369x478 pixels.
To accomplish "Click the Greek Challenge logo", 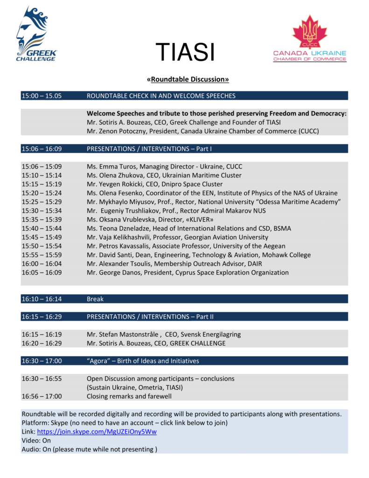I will click(36, 35).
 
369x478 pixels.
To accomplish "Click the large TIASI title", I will click(185, 51).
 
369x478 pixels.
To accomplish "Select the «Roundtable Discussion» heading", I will click(188, 79).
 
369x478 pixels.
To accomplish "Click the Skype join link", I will click(97, 432).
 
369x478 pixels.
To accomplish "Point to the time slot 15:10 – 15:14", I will click(42, 175).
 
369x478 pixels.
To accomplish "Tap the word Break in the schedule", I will click(95, 299).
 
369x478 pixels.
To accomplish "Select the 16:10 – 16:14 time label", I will click(42, 299).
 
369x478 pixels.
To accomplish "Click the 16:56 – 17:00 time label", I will click(42, 396).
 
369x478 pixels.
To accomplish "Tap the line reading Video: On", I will click(36, 440).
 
